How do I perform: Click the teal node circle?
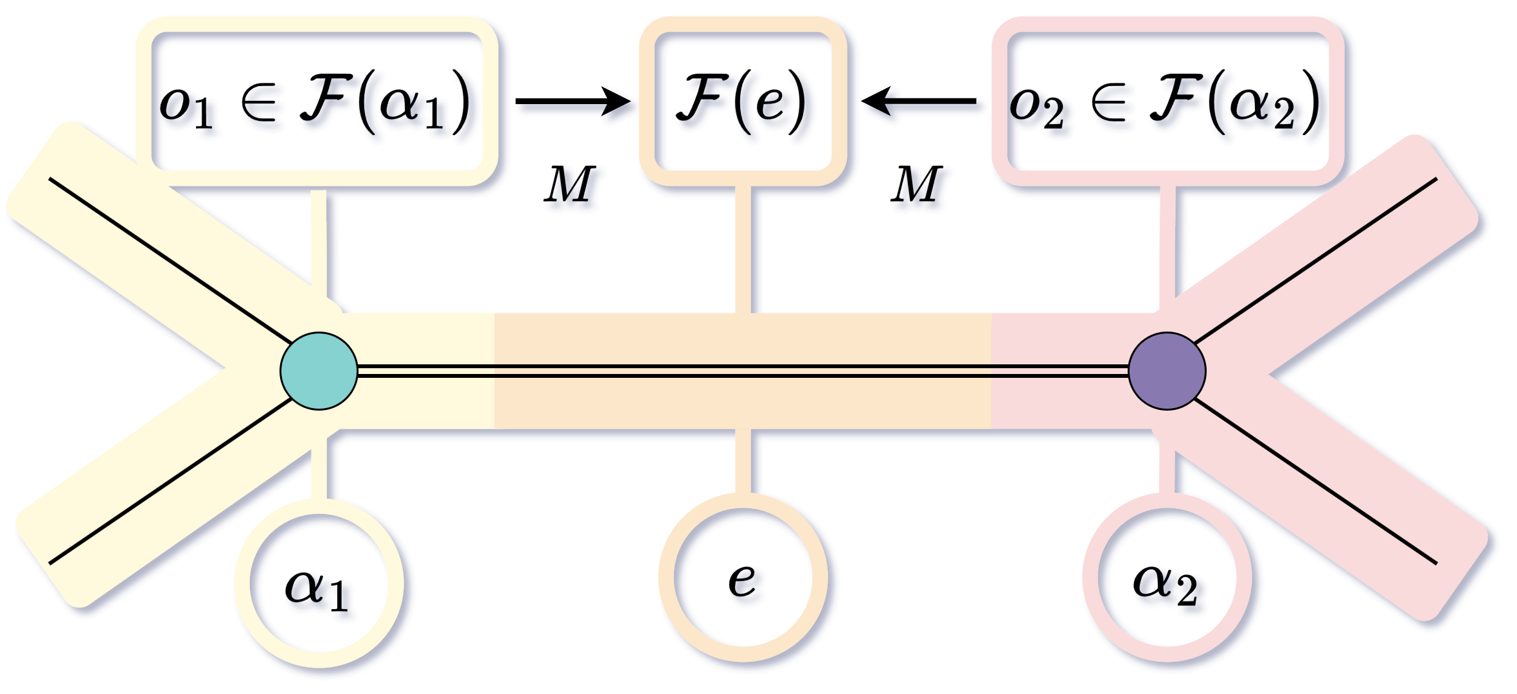pyautogui.click(x=319, y=371)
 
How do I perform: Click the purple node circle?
pyautogui.click(x=1166, y=371)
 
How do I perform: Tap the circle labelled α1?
pyautogui.click(x=319, y=583)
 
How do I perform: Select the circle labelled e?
pyautogui.click(x=743, y=577)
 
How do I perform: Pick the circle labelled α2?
pyautogui.click(x=1166, y=577)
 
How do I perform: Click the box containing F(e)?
pyautogui.click(x=743, y=102)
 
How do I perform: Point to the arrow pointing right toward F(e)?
pyautogui.click(x=572, y=102)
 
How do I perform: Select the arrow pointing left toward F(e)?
pyautogui.click(x=919, y=101)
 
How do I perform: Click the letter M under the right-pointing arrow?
pyautogui.click(x=569, y=185)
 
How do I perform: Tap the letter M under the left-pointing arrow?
pyautogui.click(x=917, y=185)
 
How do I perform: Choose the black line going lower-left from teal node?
pyautogui.click(x=170, y=482)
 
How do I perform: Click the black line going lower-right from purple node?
pyautogui.click(x=1314, y=482)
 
